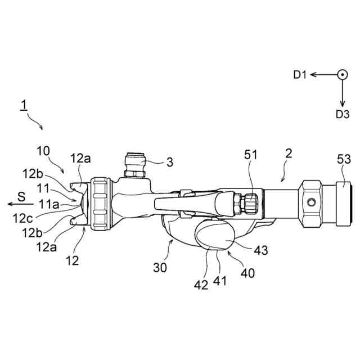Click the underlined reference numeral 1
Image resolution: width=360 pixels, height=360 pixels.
point(24,105)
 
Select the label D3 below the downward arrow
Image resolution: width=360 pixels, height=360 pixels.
point(343,114)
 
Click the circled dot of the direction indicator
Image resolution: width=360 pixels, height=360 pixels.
point(341,74)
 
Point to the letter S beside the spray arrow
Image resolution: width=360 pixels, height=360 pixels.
point(21,197)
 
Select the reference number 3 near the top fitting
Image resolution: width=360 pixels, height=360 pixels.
point(169,162)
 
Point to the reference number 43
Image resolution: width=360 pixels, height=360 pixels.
point(260,249)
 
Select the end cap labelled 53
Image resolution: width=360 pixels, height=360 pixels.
point(344,202)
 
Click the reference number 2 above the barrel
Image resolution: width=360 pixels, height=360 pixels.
point(288,154)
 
